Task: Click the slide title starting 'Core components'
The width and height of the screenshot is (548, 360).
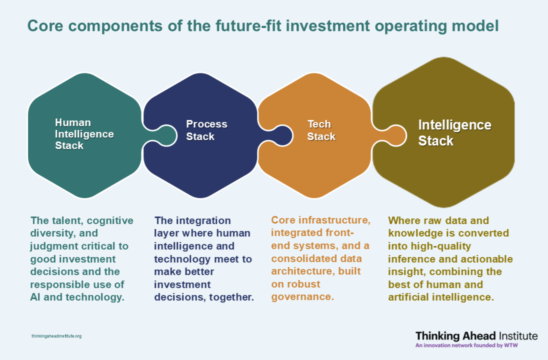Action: (263, 26)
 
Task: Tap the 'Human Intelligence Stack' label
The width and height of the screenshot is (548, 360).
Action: (84, 134)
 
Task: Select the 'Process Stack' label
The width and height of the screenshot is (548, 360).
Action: (206, 130)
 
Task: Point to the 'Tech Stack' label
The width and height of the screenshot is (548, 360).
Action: (321, 130)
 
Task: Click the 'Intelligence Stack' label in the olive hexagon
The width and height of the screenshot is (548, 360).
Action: (454, 133)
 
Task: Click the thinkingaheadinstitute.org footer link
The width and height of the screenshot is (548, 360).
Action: (56, 336)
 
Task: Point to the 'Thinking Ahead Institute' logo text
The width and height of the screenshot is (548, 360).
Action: (476, 336)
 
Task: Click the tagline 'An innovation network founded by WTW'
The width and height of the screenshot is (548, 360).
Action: (466, 345)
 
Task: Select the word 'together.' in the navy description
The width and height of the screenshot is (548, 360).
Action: (231, 297)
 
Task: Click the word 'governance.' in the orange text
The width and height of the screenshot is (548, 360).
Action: (302, 296)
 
